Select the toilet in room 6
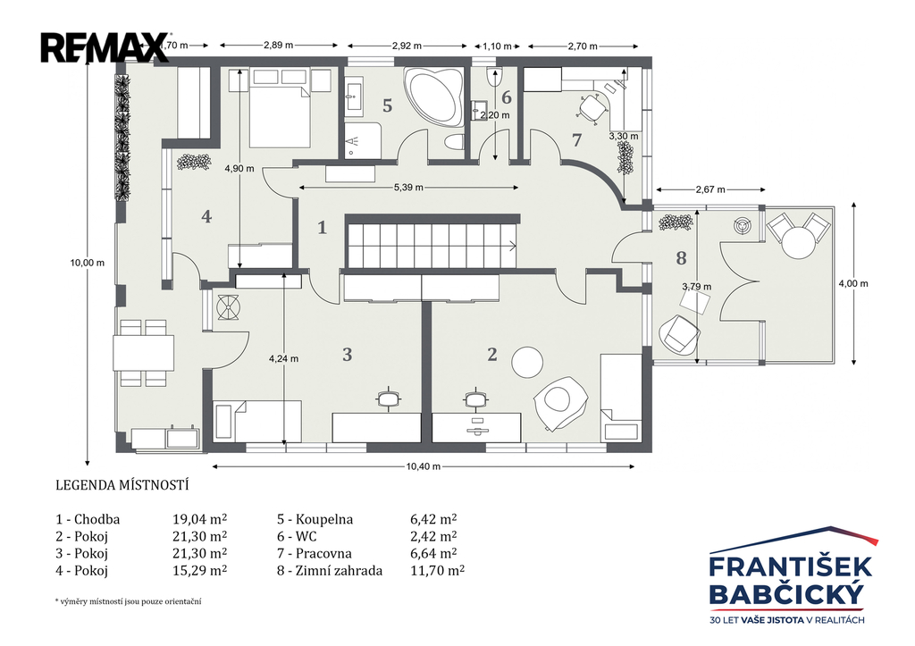(x=493, y=77)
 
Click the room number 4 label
(x=206, y=216)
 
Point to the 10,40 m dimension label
(x=423, y=466)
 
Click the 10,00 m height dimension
(x=88, y=263)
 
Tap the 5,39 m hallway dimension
(x=408, y=188)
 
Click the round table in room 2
(x=527, y=363)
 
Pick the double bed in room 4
(x=279, y=108)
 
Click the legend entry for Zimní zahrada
(x=330, y=570)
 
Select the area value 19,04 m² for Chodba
(x=199, y=519)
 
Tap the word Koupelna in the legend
(x=324, y=519)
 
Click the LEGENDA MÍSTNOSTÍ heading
(x=122, y=485)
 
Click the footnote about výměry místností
(x=128, y=601)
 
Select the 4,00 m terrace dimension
(x=853, y=283)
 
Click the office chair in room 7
(x=592, y=108)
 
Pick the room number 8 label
(x=681, y=258)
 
